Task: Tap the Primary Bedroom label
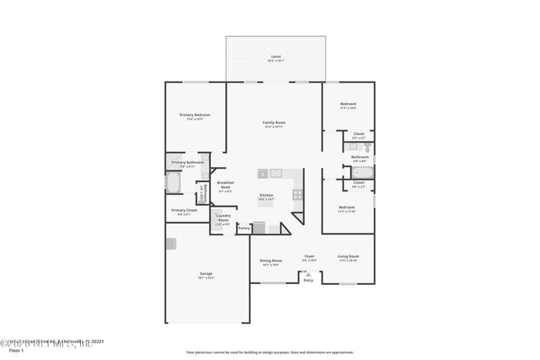click(x=195, y=115)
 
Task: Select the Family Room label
click(x=274, y=122)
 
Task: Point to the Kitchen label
click(x=267, y=196)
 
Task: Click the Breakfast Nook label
click(x=225, y=185)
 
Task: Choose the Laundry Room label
click(x=223, y=218)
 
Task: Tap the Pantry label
click(x=244, y=228)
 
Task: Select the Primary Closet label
click(x=184, y=211)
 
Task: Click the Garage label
click(x=206, y=274)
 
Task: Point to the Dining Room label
click(x=271, y=261)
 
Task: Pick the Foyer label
click(x=309, y=256)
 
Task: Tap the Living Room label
click(x=348, y=256)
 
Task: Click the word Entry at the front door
click(x=308, y=281)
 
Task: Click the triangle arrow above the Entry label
click(x=308, y=274)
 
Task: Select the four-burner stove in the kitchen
click(x=297, y=194)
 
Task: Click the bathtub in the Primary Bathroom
click(x=172, y=184)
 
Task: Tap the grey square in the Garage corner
click(x=171, y=244)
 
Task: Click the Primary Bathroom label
click(x=187, y=163)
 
